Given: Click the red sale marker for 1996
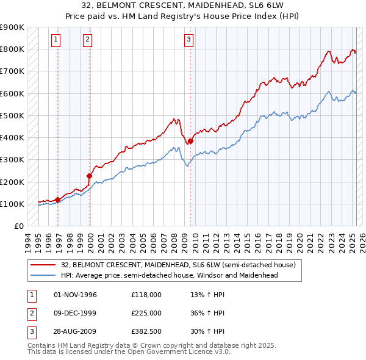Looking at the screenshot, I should (x=58, y=200).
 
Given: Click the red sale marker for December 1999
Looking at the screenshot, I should (x=90, y=176).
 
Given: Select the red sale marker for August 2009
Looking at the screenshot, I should (x=190, y=141).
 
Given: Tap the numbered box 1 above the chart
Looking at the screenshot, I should (x=56, y=40).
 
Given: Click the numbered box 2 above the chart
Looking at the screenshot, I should (x=87, y=40).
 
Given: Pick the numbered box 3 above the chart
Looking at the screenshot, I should (x=188, y=40).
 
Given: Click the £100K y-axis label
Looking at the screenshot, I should (x=12, y=204).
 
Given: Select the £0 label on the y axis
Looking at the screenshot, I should (x=18, y=226).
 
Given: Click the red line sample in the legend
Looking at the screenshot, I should (x=43, y=265).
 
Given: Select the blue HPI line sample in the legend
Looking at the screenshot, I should (x=43, y=275).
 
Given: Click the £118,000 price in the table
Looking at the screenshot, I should (x=146, y=295).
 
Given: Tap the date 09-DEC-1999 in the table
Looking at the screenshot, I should (x=76, y=313).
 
